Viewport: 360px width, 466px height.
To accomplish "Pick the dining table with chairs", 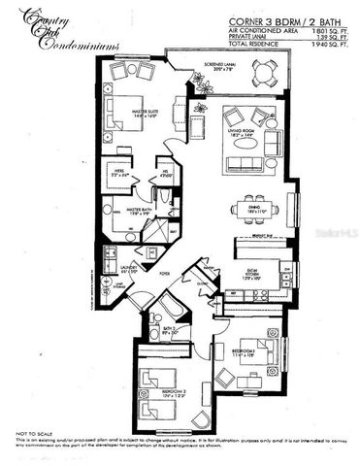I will pyautogui.click(x=254, y=208).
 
